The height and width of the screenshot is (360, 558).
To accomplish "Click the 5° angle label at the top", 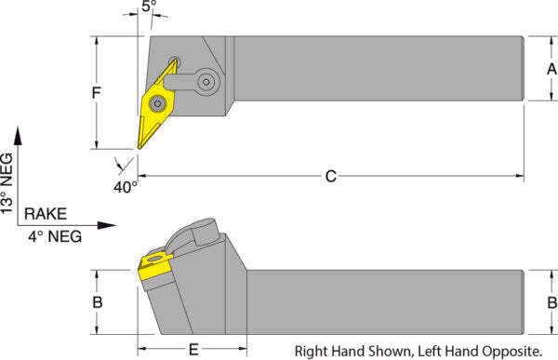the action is (x=149, y=6).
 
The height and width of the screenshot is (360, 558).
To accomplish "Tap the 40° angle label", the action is (x=126, y=187).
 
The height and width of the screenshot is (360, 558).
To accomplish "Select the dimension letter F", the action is (x=97, y=93).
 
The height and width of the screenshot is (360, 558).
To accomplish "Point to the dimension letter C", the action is (x=331, y=176).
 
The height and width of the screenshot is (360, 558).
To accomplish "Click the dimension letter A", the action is (x=551, y=69).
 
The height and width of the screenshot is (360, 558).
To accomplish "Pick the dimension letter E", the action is (x=193, y=350).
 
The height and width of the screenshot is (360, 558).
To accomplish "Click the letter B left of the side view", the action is (x=98, y=302).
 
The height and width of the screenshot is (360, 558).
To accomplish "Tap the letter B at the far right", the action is (x=551, y=302).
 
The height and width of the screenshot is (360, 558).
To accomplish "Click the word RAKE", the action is (x=46, y=214).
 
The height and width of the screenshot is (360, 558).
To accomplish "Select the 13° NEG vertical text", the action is (x=7, y=183).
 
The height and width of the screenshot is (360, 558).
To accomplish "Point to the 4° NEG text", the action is (x=55, y=236).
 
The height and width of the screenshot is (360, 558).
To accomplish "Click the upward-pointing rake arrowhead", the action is (x=18, y=136).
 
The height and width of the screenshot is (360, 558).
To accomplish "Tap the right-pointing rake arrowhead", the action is (x=107, y=225).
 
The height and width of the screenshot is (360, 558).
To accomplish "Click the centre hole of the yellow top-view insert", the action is (x=157, y=103).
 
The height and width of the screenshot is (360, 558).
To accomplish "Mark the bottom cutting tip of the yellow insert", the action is (x=139, y=148).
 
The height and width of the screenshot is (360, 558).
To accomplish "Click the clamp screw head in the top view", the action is (x=206, y=82).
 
